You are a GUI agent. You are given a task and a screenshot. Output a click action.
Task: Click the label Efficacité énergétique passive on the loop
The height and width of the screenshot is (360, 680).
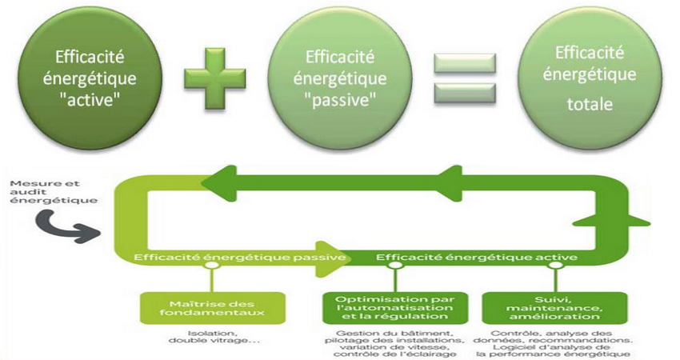tap(240, 258)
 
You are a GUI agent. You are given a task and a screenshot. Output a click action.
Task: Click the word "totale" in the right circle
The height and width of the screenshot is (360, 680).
tap(590, 104)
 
